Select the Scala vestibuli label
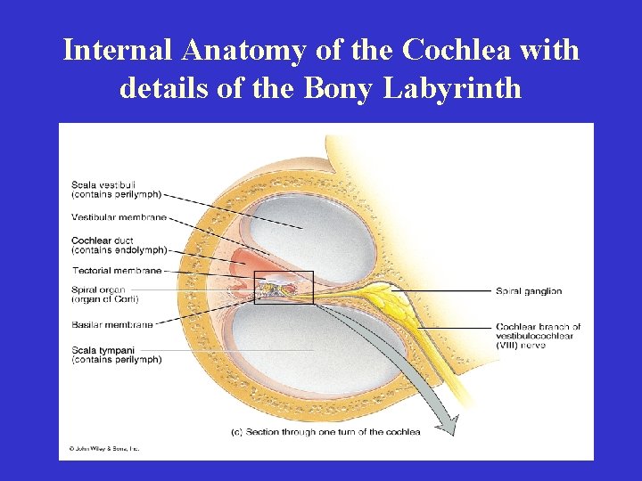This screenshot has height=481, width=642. coord(117,190)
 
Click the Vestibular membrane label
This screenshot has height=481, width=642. coord(119,217)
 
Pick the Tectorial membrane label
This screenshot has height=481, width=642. coord(117,270)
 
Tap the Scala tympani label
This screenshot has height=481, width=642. coord(117,355)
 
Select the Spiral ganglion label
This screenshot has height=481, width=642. coord(529,291)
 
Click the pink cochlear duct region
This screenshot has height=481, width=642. coord(245,264)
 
